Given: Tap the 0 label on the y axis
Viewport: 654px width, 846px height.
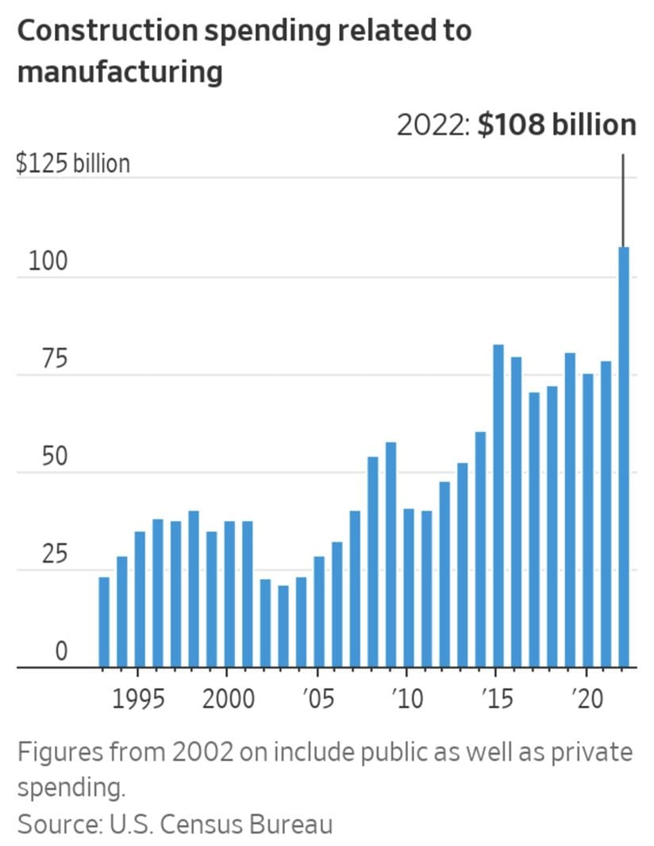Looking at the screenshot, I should [x=60, y=651].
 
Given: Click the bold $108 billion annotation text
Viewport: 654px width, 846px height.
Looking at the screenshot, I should [x=556, y=126].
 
